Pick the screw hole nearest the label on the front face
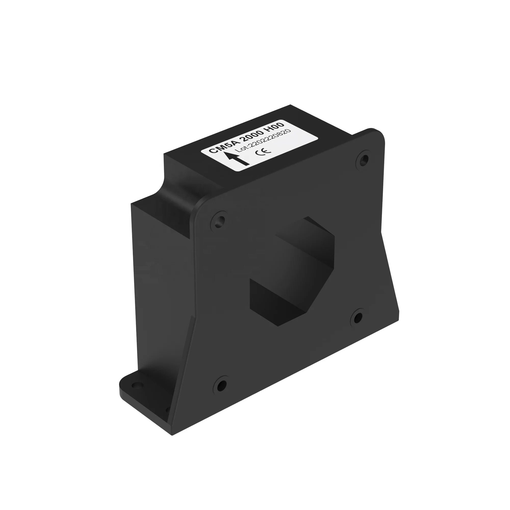point(364,159)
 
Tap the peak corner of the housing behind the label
point(290,105)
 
